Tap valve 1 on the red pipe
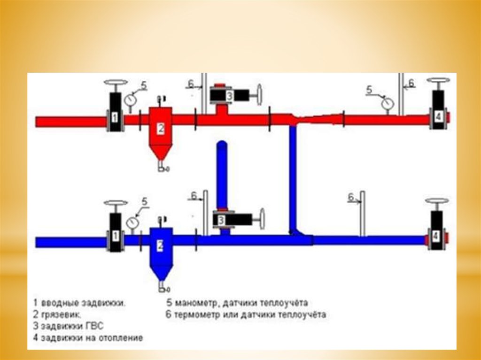pyautogui.click(x=114, y=112)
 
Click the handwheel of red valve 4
pyautogui.click(x=438, y=81)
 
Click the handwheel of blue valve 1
pyautogui.click(x=116, y=204)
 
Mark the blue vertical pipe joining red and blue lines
pyautogui.click(x=293, y=178)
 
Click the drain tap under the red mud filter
pyautogui.click(x=162, y=166)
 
